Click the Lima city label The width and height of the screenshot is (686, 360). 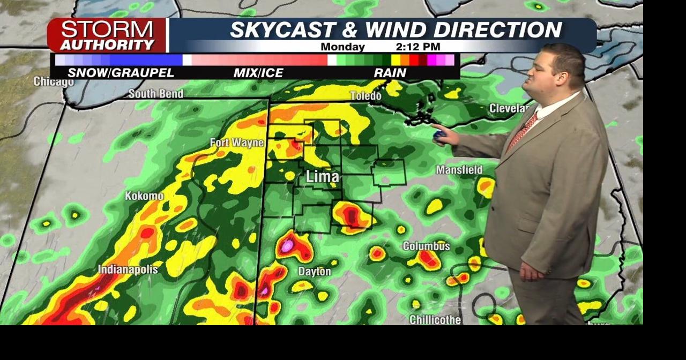pyautogui.click(x=323, y=177)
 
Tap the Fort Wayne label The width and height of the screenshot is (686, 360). pyautogui.click(x=237, y=142)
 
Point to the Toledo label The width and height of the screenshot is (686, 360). pyautogui.click(x=366, y=96)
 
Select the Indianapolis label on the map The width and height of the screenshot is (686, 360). pyautogui.click(x=128, y=269)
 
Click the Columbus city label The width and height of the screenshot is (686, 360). pyautogui.click(x=426, y=246)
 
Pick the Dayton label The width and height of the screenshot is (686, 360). pyautogui.click(x=315, y=272)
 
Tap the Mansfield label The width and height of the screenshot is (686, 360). pyautogui.click(x=459, y=170)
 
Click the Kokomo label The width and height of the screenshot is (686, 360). pyautogui.click(x=144, y=196)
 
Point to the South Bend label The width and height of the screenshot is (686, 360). pyautogui.click(x=155, y=94)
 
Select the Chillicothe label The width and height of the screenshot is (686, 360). pyautogui.click(x=435, y=320)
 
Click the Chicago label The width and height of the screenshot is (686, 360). pyautogui.click(x=54, y=81)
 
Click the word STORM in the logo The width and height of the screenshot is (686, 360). pyautogui.click(x=106, y=29)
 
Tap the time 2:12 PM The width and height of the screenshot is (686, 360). pyautogui.click(x=418, y=47)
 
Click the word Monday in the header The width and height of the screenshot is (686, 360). pyautogui.click(x=342, y=47)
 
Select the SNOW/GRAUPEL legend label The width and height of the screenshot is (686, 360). pyautogui.click(x=121, y=73)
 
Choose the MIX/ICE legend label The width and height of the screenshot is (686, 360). pyautogui.click(x=258, y=73)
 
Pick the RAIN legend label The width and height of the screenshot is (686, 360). pyautogui.click(x=390, y=73)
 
